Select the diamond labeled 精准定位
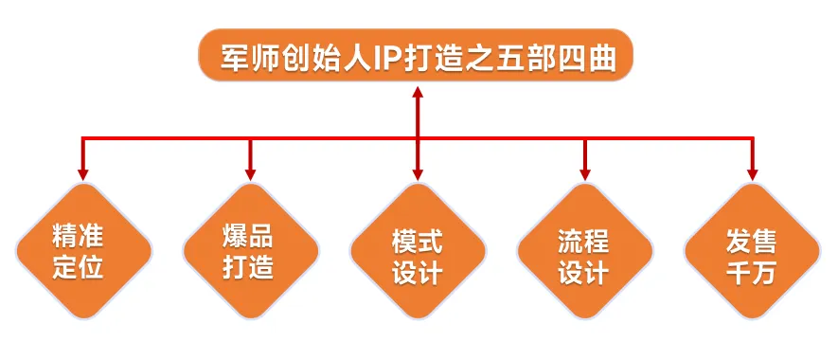83,251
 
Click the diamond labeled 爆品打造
250,251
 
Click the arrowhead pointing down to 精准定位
83,173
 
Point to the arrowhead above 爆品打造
250,173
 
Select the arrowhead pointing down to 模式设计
418,173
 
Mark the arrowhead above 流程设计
584,173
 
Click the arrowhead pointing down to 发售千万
752,173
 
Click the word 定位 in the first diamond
78,267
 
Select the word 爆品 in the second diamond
247,235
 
